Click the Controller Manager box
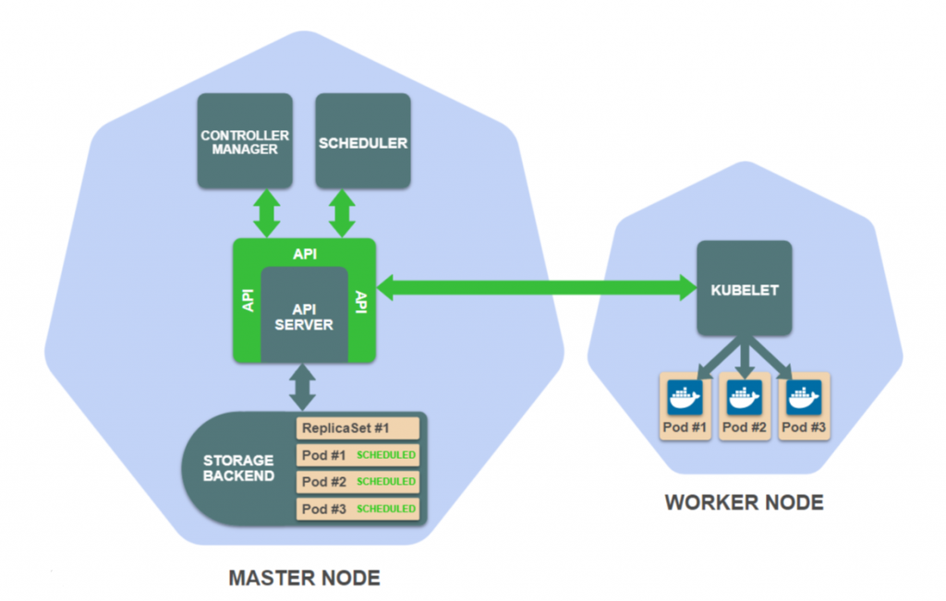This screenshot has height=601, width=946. pos(245,141)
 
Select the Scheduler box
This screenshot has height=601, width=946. pos(363,141)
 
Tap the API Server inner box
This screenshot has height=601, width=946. pos(304,316)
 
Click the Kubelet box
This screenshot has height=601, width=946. pos(744,289)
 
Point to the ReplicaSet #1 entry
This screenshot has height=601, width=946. pos(358,428)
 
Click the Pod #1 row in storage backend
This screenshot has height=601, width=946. pos(358,455)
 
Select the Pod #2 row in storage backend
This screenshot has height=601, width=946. pos(358,482)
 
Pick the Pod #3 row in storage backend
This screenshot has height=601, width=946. pos(358,509)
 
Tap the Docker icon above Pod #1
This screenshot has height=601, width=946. pos(685,398)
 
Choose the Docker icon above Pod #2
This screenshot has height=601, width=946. pos(744,398)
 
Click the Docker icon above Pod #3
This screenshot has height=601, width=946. pos(803,398)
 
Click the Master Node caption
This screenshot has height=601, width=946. pos(304,579)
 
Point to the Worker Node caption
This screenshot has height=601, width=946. pos(744,503)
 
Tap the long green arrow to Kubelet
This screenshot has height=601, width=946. pos(536,287)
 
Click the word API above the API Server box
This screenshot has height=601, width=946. pos(304,253)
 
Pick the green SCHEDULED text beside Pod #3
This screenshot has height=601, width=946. pos(386,509)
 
